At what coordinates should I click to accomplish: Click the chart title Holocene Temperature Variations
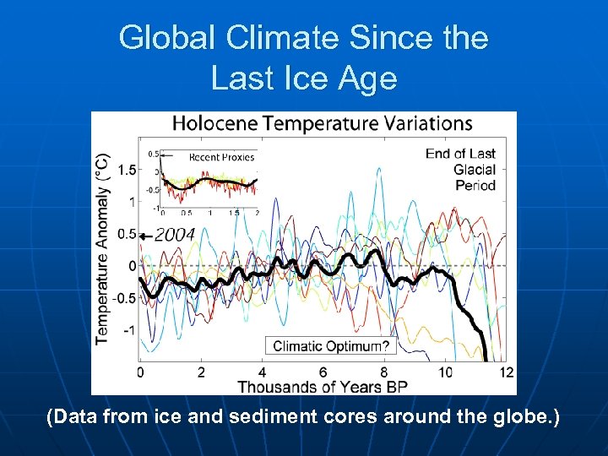tap(322, 123)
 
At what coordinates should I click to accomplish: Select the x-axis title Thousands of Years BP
tap(322, 387)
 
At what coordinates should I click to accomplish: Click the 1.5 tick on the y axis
tap(126, 171)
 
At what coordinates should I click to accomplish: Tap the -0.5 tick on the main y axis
tap(124, 298)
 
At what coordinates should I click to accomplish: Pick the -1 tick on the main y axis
tap(128, 330)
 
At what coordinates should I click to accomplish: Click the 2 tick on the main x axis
tap(201, 372)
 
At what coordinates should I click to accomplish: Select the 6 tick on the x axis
tap(323, 372)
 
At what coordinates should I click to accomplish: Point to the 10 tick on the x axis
tap(444, 372)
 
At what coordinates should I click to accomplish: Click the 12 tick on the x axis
tap(506, 372)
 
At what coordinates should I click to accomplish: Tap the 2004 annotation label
tap(175, 234)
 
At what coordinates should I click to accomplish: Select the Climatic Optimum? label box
tap(331, 345)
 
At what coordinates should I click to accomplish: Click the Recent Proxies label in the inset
tap(221, 157)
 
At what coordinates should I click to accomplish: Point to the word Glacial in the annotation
tap(474, 169)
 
